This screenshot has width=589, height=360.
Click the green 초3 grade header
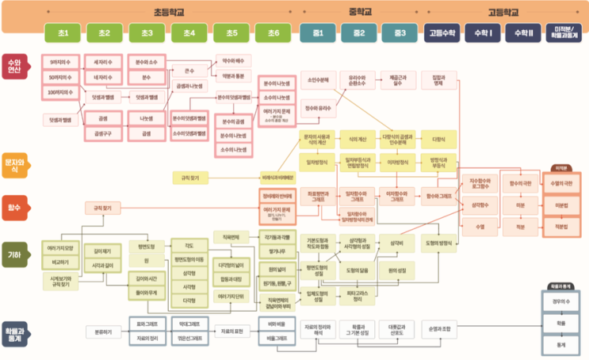(147, 33)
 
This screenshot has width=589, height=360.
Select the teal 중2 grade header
(358, 33)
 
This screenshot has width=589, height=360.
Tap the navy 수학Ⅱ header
(524, 33)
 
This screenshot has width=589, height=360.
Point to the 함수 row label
(16, 206)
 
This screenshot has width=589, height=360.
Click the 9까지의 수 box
(60, 62)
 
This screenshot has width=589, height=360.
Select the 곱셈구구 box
(103, 134)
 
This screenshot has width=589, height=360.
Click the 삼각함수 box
(480, 204)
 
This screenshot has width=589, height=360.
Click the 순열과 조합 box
(439, 327)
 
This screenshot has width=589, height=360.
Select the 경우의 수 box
(560, 302)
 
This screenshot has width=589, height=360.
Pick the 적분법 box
(560, 226)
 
